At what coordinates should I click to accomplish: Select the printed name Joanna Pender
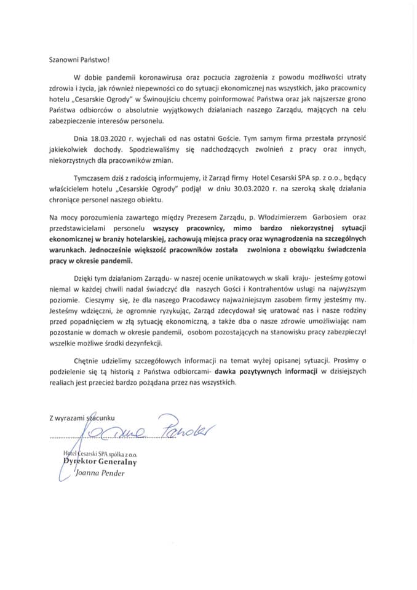pyautogui.click(x=102, y=473)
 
